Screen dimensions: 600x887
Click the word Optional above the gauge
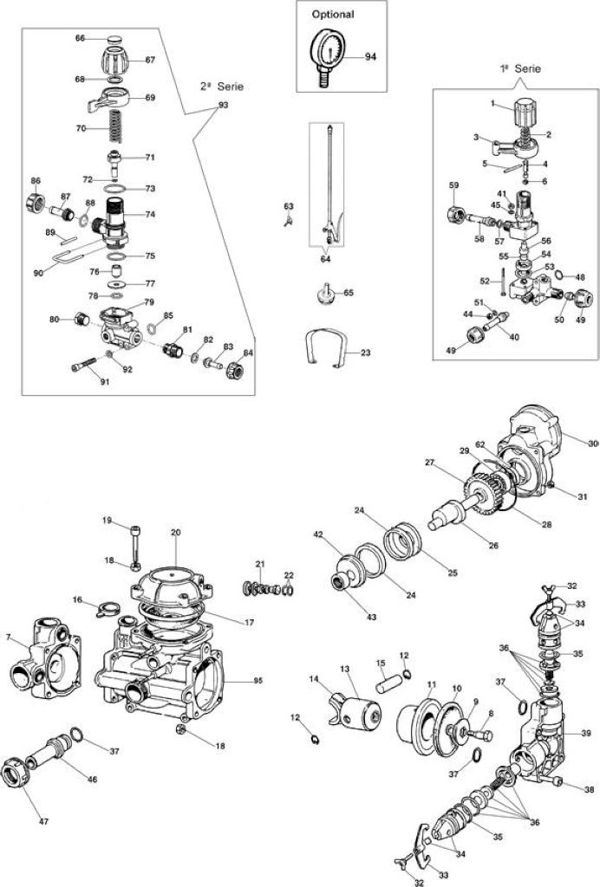(333, 15)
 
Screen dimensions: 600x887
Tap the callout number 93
(223, 106)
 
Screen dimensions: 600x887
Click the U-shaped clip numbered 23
(325, 346)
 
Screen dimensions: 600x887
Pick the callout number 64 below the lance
(325, 260)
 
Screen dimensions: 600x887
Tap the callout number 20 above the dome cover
(175, 533)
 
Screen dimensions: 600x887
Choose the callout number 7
(8, 637)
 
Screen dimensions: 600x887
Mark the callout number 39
(585, 734)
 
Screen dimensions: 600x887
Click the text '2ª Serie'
(221, 87)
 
